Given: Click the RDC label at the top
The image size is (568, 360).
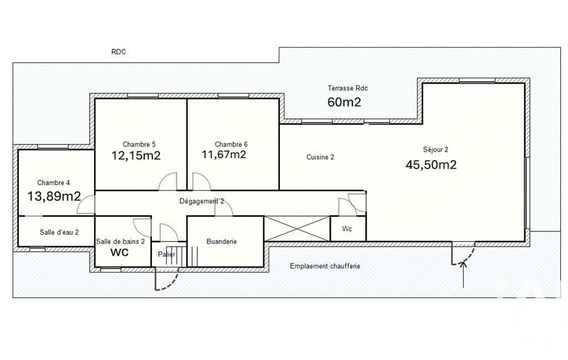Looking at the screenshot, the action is point(119,52).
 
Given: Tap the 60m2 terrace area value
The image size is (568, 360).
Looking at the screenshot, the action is point(344,102).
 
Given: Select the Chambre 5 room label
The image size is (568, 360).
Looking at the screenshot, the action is point(139,145).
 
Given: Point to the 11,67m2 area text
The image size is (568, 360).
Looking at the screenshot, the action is point(224,155).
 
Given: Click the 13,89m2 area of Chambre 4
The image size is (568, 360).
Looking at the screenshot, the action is point(54,196).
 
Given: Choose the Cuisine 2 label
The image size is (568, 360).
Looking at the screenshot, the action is point(320,157).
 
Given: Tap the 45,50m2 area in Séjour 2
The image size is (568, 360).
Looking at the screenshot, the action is point(431,165).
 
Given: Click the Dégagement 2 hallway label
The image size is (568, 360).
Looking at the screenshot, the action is point(202,202).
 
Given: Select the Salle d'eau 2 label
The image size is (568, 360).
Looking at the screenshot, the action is point(59,233).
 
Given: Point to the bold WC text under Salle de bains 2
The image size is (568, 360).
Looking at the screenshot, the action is point(120,252).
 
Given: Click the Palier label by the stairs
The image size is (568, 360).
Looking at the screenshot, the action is point(167,254).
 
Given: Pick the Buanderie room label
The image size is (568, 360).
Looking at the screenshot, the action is point(222,241).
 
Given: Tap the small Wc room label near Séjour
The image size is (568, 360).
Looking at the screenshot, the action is point(347,229).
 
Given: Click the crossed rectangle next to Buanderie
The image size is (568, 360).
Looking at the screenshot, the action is point(298,229).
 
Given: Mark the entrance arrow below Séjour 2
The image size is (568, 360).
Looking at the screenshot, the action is point(464,274).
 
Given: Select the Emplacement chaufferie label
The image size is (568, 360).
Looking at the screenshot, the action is point(325,266).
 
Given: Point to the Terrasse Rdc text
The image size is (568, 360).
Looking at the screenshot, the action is point(348,88).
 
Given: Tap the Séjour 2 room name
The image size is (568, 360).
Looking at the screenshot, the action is point(436,149).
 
